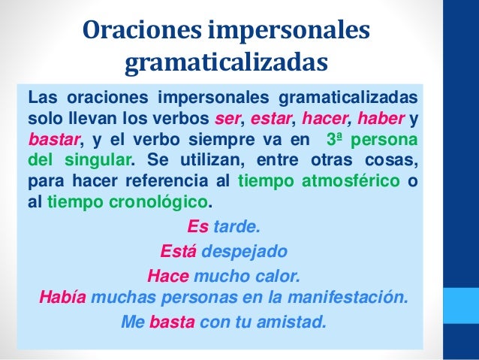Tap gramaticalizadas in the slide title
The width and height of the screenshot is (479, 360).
coord(226,65)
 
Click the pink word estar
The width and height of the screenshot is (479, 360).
coord(270,120)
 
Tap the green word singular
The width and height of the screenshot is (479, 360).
coord(101,160)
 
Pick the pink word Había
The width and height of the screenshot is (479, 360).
coord(62,298)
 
